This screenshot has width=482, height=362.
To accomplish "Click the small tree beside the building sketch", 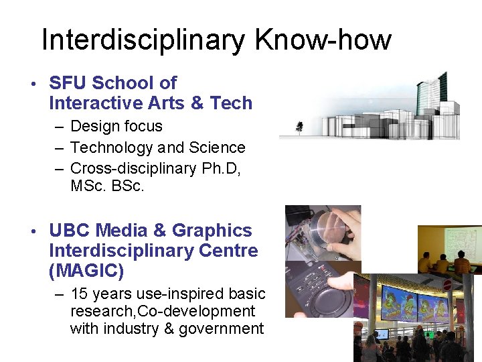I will [299, 125].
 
